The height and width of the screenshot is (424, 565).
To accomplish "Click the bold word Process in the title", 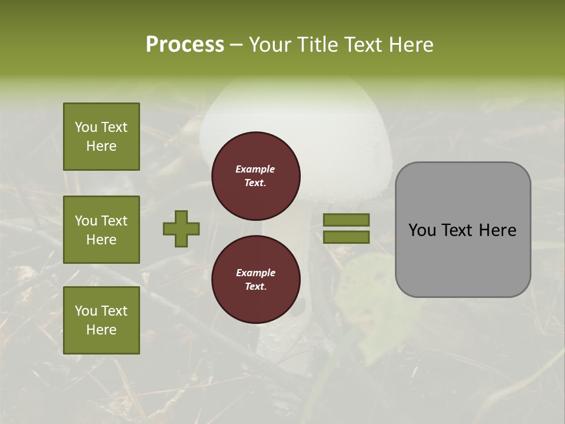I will (185, 45).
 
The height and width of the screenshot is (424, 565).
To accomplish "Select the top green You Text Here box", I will (101, 137).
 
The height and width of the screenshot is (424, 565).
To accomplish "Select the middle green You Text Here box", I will (101, 230).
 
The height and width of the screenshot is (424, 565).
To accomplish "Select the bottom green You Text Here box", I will (101, 320).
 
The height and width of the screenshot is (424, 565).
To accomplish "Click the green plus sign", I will (181, 228).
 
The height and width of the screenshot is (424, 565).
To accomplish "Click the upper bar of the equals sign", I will (347, 220).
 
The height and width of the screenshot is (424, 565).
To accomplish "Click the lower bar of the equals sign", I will (347, 237).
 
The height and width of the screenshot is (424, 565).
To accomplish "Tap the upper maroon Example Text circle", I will (256, 176).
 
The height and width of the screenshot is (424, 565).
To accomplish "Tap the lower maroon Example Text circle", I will (256, 280).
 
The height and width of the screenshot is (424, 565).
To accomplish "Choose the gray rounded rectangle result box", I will (463, 230).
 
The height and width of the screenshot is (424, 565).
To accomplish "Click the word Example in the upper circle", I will (255, 169).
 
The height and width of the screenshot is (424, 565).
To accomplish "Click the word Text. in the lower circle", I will (255, 287).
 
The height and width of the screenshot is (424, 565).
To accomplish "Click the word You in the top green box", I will (85, 127).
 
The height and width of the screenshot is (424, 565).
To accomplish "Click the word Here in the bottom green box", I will (101, 330).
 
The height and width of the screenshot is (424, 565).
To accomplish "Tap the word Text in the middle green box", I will (114, 221).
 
